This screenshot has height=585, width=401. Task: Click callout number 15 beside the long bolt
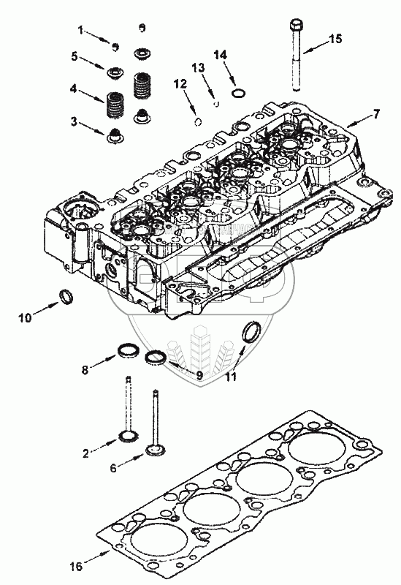point(335,39)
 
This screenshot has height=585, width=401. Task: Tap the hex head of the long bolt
point(296,25)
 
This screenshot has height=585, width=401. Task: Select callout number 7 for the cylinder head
point(376,113)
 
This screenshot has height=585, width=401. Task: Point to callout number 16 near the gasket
point(76,566)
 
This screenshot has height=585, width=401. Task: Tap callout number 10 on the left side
point(26,318)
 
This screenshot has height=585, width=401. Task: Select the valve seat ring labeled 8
point(129,351)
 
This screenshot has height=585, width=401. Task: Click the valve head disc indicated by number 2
point(128,436)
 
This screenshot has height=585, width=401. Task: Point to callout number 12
point(180,84)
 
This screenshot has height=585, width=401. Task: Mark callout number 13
point(198,67)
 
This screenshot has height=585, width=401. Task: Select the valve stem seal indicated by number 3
point(115,137)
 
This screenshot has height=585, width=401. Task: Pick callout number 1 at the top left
point(81,29)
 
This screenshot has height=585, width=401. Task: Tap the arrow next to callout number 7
point(359,121)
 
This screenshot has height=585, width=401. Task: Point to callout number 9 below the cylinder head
point(199,375)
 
